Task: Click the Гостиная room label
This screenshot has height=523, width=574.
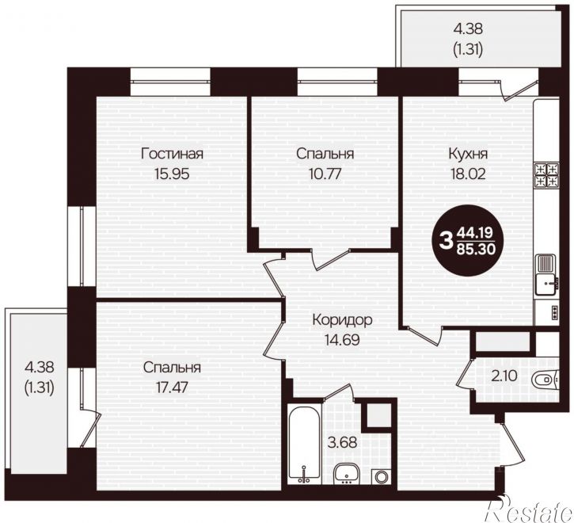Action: [x=172, y=154]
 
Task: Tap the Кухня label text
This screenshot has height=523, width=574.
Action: [x=468, y=154]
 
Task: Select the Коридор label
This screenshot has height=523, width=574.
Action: [x=342, y=319]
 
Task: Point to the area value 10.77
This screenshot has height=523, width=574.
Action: [x=325, y=173]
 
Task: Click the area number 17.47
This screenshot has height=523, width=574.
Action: [x=172, y=387]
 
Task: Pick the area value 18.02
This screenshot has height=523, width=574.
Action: [x=468, y=173]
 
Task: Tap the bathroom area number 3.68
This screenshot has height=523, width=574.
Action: [x=342, y=442]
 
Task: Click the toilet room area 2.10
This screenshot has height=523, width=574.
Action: [x=504, y=376]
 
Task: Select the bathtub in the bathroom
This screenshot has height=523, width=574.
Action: [x=304, y=445]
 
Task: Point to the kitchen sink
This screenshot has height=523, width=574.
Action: [x=546, y=274]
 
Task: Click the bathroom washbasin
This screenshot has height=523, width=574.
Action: [x=347, y=473]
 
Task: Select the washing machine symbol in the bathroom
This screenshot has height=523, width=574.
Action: [x=382, y=476]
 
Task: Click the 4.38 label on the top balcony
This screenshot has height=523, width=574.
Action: [x=468, y=29]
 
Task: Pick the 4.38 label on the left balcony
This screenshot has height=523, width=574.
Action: [x=40, y=366]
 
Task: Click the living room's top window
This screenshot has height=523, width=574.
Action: [x=170, y=82]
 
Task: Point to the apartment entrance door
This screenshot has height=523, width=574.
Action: [x=512, y=443]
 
